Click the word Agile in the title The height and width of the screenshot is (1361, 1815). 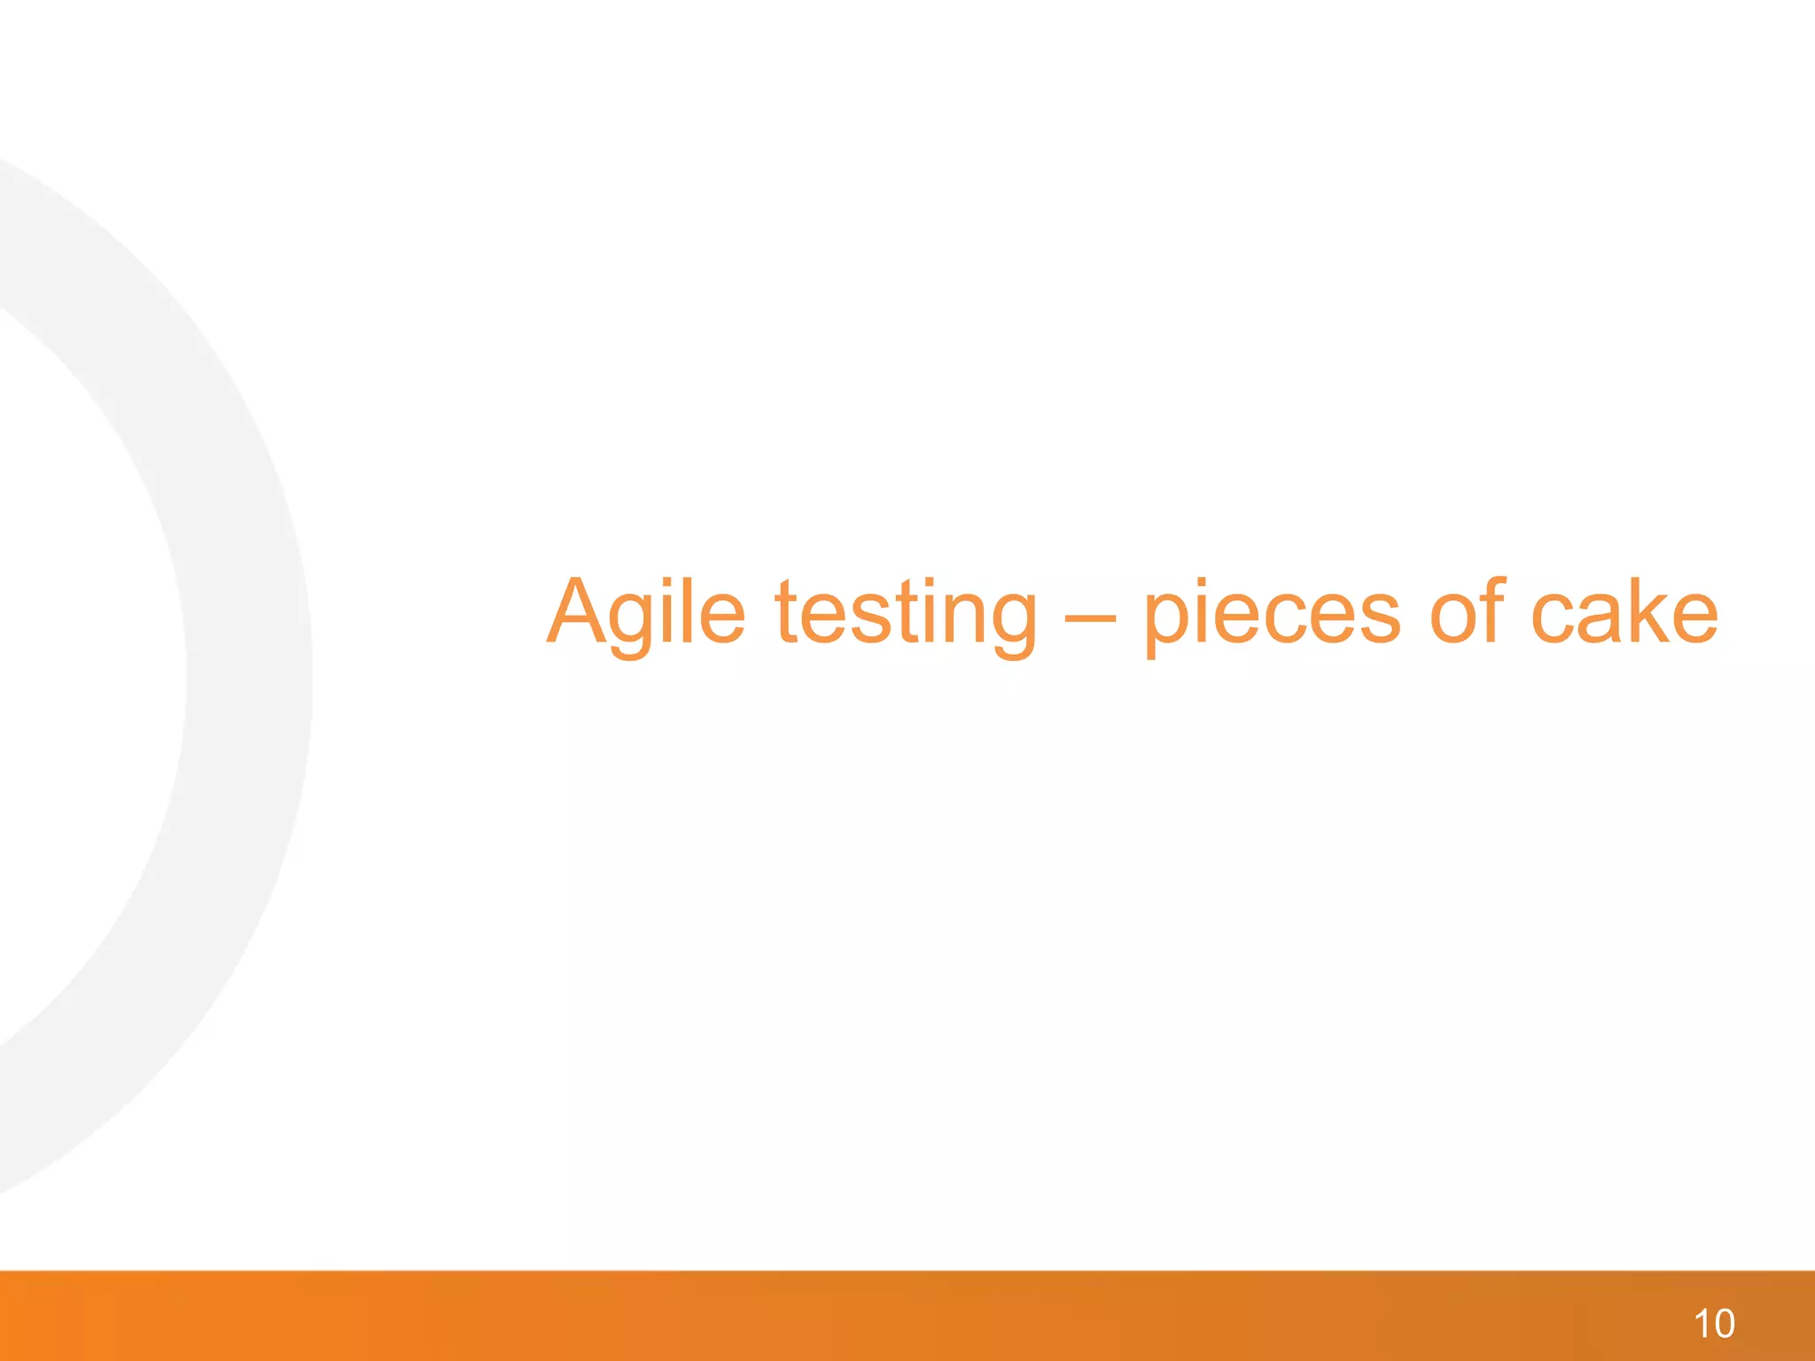pyautogui.click(x=645, y=613)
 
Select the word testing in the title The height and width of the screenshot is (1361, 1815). pyautogui.click(x=905, y=613)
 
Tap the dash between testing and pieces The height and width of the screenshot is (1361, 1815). pyautogui.click(x=1089, y=616)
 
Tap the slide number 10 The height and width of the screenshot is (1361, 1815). pyautogui.click(x=1714, y=1324)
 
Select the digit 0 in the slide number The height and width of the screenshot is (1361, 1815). pyautogui.click(x=1724, y=1324)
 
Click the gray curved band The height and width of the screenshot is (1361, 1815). pyautogui.click(x=248, y=673)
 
